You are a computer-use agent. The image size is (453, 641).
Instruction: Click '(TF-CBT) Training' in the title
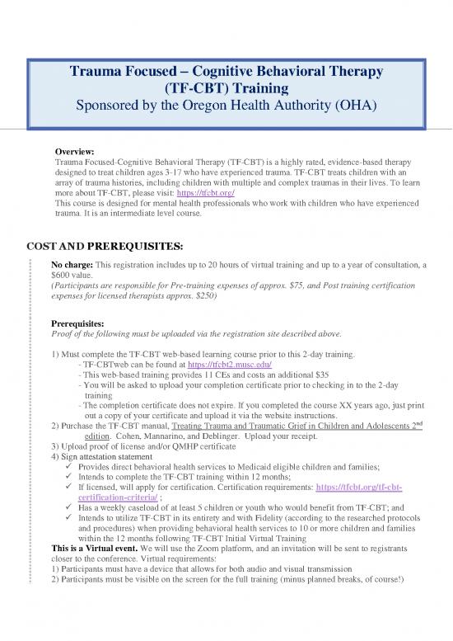tap(226, 90)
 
